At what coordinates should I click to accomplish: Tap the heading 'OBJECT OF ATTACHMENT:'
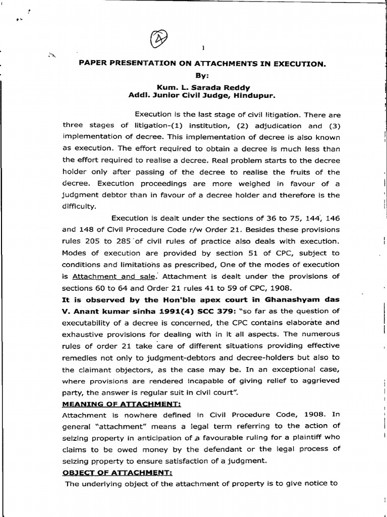(x=110, y=473)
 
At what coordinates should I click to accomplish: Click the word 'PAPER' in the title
(x=91, y=64)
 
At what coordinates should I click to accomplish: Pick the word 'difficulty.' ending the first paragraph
(x=79, y=206)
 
